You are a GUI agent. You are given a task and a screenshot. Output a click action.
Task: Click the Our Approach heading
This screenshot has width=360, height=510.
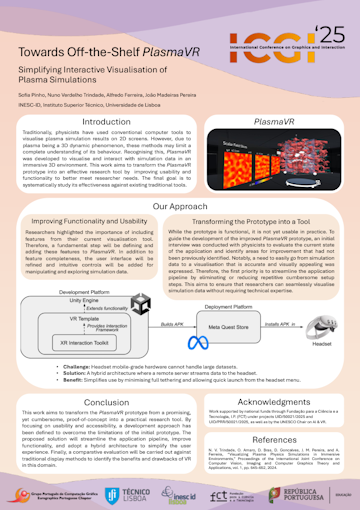(x=180, y=208)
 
